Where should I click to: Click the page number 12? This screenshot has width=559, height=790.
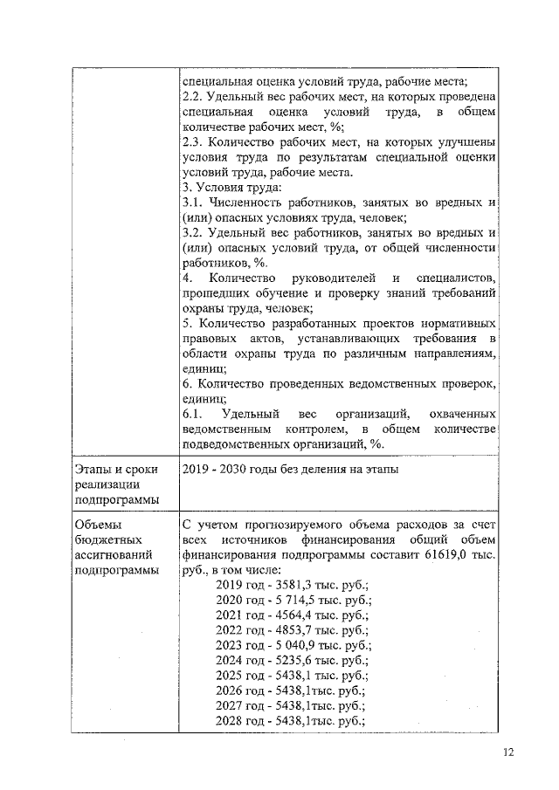click(508, 753)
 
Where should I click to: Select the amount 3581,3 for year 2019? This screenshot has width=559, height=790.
click(290, 585)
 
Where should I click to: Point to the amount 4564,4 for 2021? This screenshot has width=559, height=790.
click(290, 615)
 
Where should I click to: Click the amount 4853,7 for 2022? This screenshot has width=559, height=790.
click(290, 630)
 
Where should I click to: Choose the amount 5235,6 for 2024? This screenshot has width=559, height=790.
click(290, 661)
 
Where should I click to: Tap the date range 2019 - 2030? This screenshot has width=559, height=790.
click(220, 470)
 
